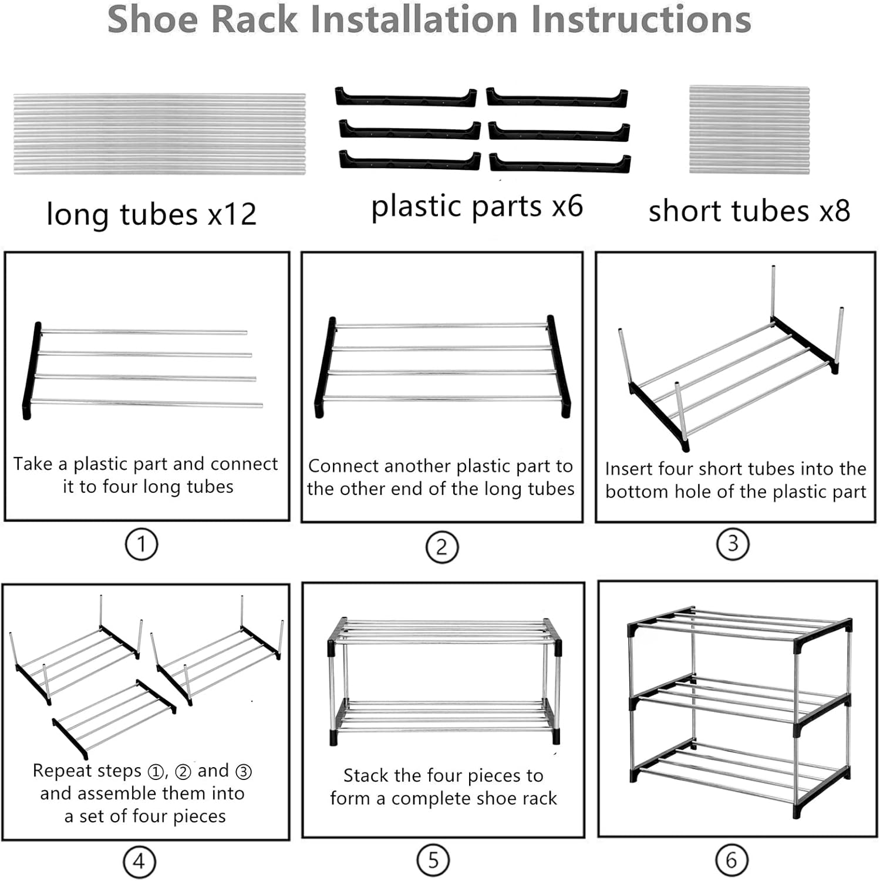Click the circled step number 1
pos(141,544)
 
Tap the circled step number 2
pos(441,547)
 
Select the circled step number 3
pos(733,544)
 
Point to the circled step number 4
pos(139,862)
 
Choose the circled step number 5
pos(433,860)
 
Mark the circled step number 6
pos(731,860)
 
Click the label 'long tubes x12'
pos(151,214)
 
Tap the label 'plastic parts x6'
pos(477,206)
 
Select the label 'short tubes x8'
pos(749,211)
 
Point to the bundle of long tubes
pos(159,133)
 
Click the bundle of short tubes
pos(749,130)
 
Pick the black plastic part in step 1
pos(32,371)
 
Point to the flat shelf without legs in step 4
pos(114,719)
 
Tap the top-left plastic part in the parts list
pos(406,97)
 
